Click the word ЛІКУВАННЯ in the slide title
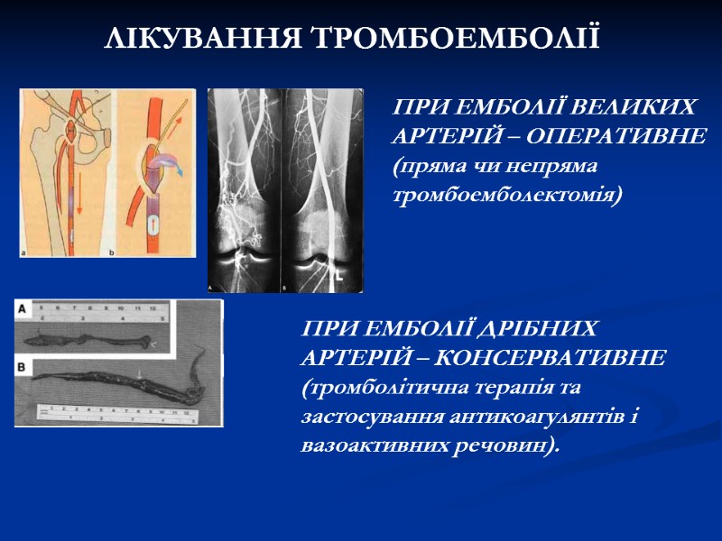(204, 39)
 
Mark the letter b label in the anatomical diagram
(112, 253)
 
